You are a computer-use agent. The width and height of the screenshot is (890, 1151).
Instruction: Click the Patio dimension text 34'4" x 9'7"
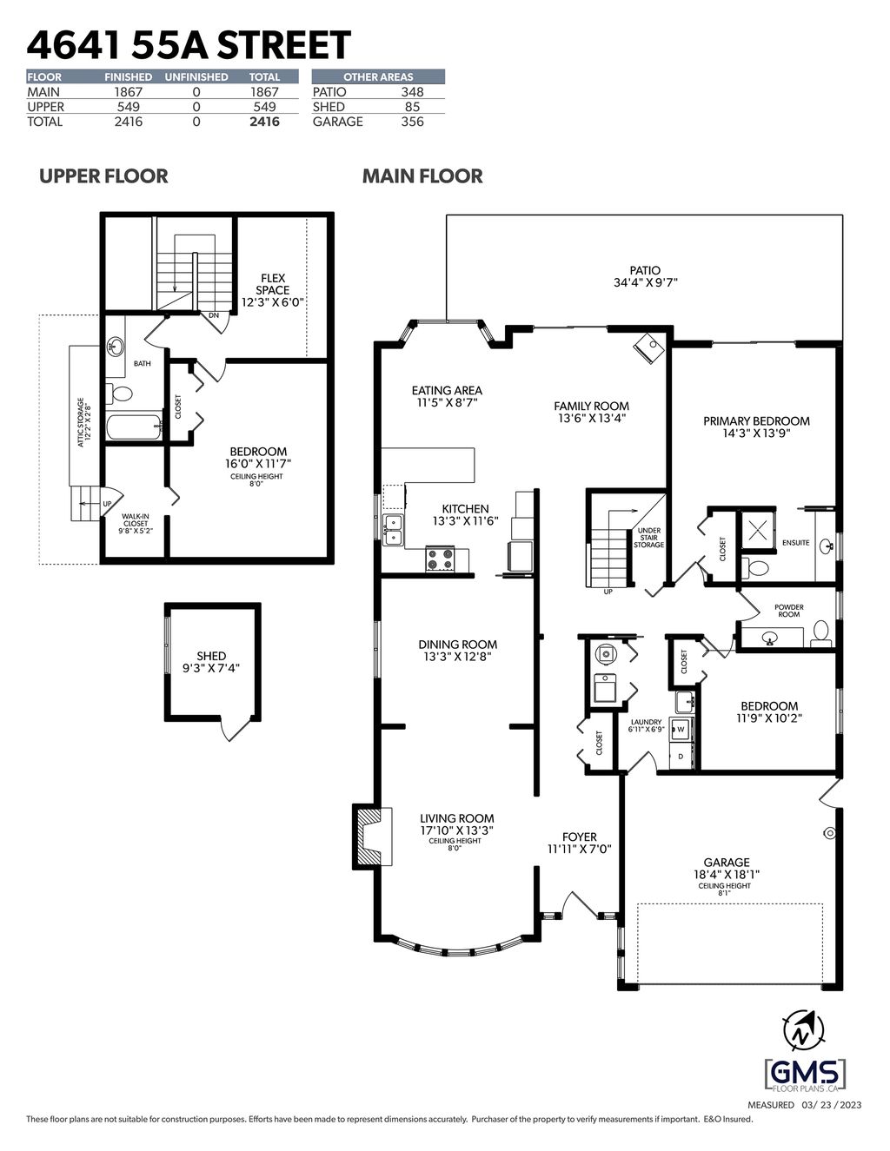click(x=644, y=282)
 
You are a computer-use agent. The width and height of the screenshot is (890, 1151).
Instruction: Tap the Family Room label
click(x=592, y=406)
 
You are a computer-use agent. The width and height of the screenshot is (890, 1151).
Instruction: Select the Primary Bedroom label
click(x=756, y=420)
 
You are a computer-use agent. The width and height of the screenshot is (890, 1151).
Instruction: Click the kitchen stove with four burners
click(x=441, y=559)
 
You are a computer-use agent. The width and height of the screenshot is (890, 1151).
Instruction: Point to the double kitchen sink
click(x=393, y=529)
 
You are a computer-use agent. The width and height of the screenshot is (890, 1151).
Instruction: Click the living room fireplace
click(x=367, y=837)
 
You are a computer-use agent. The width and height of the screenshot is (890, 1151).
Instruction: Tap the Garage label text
click(x=727, y=863)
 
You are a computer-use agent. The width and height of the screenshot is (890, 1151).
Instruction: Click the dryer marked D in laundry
click(x=681, y=757)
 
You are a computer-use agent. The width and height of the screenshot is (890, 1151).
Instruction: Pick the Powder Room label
click(x=789, y=611)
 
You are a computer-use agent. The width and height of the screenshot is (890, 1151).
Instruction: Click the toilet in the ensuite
click(x=757, y=569)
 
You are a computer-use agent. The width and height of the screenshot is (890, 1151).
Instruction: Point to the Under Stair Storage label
click(x=649, y=538)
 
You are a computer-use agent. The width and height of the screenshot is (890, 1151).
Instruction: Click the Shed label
click(x=211, y=656)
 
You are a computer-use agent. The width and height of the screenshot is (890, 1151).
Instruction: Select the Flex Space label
click(x=273, y=284)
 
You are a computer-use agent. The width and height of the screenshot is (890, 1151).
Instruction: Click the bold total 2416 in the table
click(x=264, y=122)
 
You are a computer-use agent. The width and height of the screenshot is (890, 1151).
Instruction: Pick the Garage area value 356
click(x=412, y=122)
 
